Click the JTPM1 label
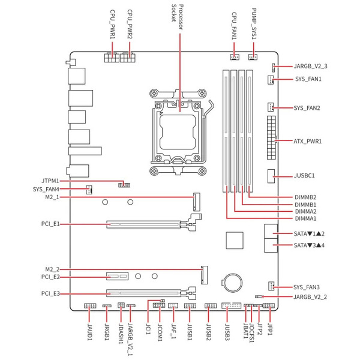(x=50, y=181)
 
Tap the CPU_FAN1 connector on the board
(x=235, y=57)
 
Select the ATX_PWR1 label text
(x=307, y=141)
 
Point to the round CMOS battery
(x=232, y=282)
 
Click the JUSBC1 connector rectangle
(x=271, y=176)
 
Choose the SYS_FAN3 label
(x=306, y=287)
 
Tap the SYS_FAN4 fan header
(x=89, y=190)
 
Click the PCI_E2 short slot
(x=117, y=276)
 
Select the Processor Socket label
(x=178, y=17)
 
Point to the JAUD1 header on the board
(x=90, y=306)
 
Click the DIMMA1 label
(x=305, y=218)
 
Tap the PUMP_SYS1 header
(x=253, y=57)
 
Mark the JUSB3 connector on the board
(x=231, y=305)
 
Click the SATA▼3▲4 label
(x=309, y=245)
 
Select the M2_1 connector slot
(x=197, y=202)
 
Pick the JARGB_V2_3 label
(x=310, y=67)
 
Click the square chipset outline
(x=235, y=241)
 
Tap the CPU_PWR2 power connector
(x=128, y=58)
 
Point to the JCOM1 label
(x=160, y=332)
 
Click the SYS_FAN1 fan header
(x=271, y=80)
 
